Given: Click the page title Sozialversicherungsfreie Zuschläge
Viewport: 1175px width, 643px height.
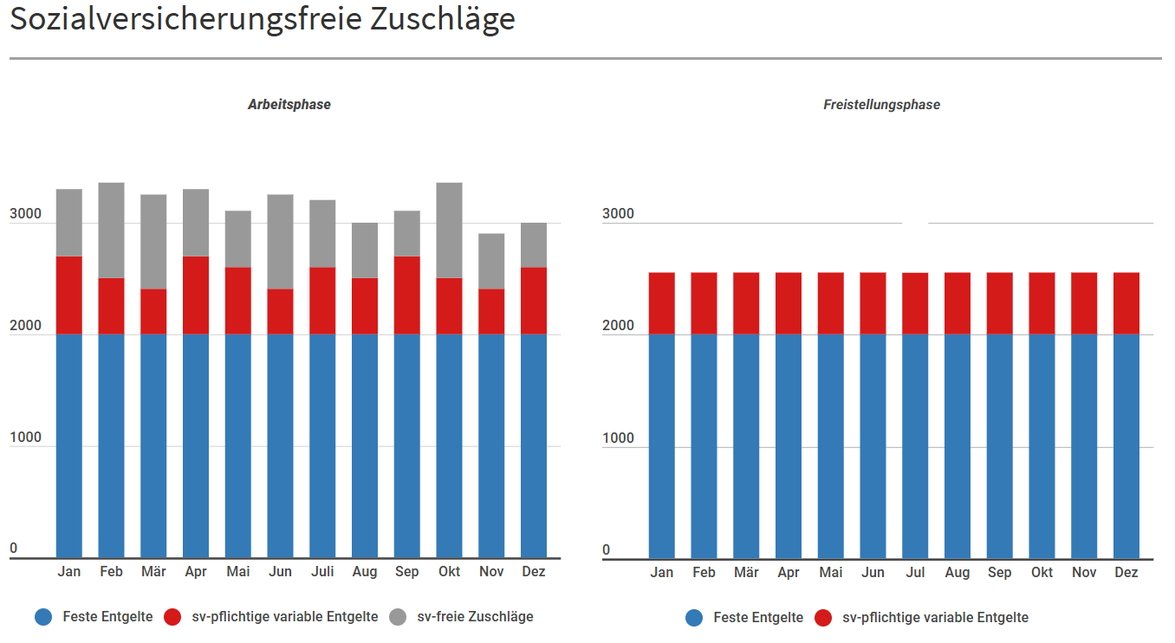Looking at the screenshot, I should tap(263, 19).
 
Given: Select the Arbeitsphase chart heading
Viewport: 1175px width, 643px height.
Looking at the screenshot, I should tap(289, 105).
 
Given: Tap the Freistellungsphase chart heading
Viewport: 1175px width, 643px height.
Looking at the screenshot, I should tap(881, 105).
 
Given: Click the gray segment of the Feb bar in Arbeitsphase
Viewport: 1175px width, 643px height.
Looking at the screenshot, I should tap(111, 230).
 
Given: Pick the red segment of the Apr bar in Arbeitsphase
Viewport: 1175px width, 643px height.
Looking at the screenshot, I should tap(196, 295).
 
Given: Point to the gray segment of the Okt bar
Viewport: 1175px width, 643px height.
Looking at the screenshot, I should tap(449, 230).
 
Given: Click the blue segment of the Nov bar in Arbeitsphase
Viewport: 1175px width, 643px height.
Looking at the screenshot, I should tap(491, 446).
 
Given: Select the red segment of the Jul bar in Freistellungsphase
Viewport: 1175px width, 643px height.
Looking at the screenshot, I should tap(915, 303).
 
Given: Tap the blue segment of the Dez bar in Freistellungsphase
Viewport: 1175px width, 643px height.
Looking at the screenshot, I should tap(1126, 446).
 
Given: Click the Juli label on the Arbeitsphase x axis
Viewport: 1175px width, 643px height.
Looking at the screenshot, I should tap(322, 572).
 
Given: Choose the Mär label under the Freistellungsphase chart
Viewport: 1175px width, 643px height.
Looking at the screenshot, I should tap(746, 573).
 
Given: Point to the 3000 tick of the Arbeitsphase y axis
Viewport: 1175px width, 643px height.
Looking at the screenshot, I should tap(26, 214).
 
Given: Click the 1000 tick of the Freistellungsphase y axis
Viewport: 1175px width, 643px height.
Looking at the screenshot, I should tap(618, 438).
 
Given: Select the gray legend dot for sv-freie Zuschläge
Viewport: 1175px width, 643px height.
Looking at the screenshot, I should tap(398, 617).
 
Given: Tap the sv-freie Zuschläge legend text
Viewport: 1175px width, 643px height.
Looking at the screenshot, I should tap(475, 617).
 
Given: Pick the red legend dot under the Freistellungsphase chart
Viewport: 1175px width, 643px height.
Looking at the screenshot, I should tap(823, 618).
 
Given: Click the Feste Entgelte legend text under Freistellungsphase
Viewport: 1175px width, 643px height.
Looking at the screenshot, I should tap(758, 618).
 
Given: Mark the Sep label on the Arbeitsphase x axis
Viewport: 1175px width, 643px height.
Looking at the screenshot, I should tap(406, 572).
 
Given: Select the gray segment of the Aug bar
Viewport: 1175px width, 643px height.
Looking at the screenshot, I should tap(365, 250).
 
